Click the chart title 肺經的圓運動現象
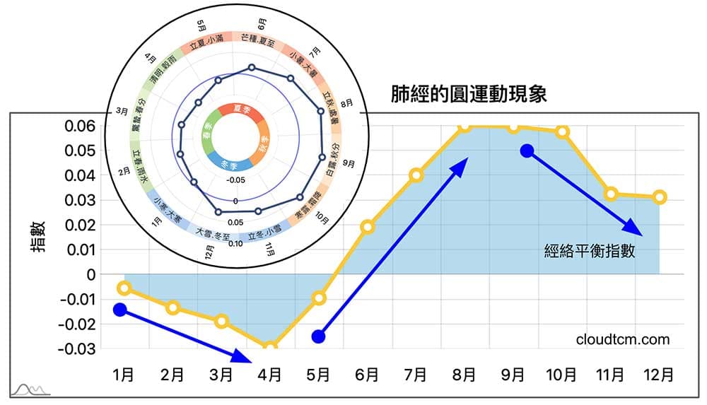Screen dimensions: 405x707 click(469, 95)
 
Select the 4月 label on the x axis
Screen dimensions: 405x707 click(269, 375)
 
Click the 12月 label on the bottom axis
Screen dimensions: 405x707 click(659, 375)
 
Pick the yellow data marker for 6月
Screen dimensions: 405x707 click(367, 227)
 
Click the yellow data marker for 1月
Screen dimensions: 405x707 click(124, 288)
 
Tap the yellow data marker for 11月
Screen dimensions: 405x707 click(611, 194)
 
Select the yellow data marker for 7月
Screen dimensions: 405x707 click(416, 175)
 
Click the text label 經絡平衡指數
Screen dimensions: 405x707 click(590, 250)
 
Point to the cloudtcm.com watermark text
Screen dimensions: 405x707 click(622, 339)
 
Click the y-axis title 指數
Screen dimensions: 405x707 click(39, 237)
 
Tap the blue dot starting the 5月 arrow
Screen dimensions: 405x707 click(319, 336)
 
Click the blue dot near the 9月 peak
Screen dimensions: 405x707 click(526, 151)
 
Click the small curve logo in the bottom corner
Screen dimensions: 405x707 click(31, 389)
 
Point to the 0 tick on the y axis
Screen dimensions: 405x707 click(90, 274)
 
